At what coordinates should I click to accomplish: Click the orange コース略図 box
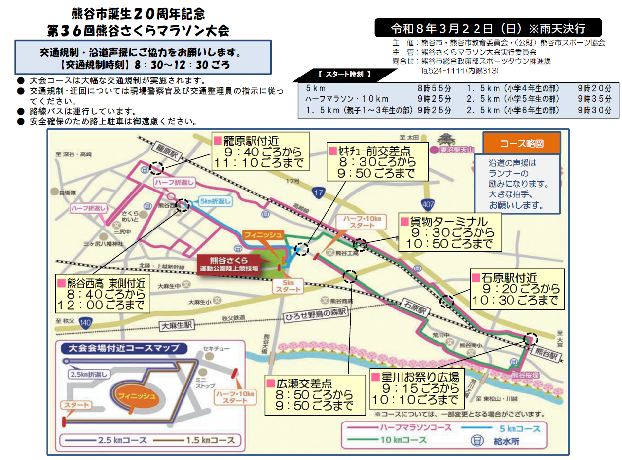[x=521, y=144]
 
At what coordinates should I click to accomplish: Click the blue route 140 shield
[x=85, y=323]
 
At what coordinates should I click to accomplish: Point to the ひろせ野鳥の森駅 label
[x=316, y=313]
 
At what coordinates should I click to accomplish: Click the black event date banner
[x=488, y=27]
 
